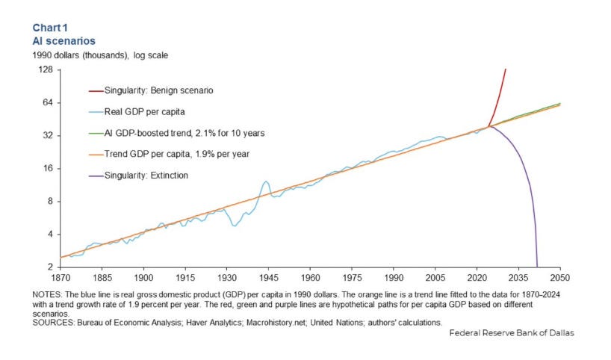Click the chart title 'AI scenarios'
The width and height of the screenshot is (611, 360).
click(63, 41)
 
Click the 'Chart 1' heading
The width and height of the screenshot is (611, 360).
click(50, 28)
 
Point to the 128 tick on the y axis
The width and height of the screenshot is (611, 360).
click(45, 69)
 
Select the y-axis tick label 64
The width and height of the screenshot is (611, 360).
click(47, 102)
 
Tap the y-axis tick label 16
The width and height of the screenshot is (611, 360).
click(47, 168)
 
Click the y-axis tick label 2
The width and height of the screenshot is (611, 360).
click(49, 267)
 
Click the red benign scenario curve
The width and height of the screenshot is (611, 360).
click(500, 97)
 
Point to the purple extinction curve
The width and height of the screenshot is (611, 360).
click(529, 187)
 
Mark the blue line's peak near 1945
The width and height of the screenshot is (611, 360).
click(265, 181)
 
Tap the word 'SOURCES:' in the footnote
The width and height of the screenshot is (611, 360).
click(52, 323)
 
